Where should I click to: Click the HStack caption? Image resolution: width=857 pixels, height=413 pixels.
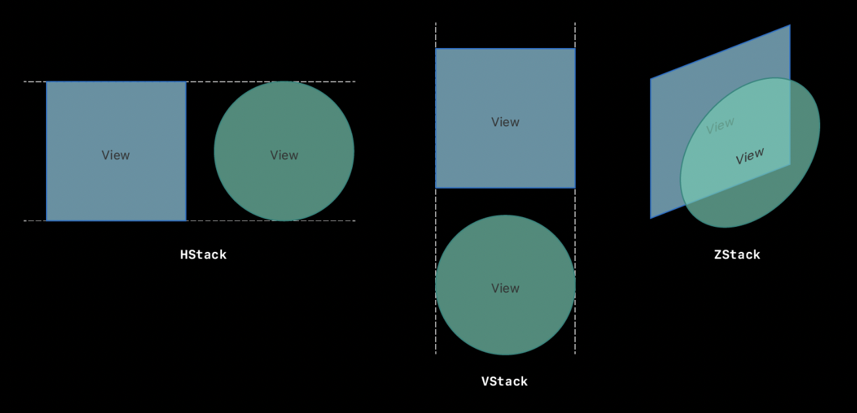point(203,255)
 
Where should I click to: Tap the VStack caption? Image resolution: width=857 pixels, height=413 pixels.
point(504,381)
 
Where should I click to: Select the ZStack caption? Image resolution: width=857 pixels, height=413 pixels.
point(737,255)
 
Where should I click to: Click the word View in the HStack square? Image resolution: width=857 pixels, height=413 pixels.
point(116,155)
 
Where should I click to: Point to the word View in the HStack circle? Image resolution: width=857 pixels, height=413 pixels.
point(284,155)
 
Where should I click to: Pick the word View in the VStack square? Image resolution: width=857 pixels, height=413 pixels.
point(505,122)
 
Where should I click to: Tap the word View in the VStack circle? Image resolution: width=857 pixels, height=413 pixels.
point(505,288)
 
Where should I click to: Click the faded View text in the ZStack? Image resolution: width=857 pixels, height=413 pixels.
point(720,125)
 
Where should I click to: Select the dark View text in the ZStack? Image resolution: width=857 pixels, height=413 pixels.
point(750,156)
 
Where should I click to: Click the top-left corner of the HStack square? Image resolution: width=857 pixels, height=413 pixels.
point(47,82)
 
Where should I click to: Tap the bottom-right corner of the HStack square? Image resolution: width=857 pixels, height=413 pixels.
point(186,220)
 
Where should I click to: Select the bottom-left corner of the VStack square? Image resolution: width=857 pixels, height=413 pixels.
point(436,188)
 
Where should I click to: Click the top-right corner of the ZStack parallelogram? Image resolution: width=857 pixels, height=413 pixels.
point(790,26)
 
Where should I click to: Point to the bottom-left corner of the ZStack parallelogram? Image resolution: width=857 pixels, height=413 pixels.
point(651,218)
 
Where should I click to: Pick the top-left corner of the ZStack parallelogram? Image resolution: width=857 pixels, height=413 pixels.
point(651,79)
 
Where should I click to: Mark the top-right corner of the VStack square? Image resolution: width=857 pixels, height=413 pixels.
point(575,49)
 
